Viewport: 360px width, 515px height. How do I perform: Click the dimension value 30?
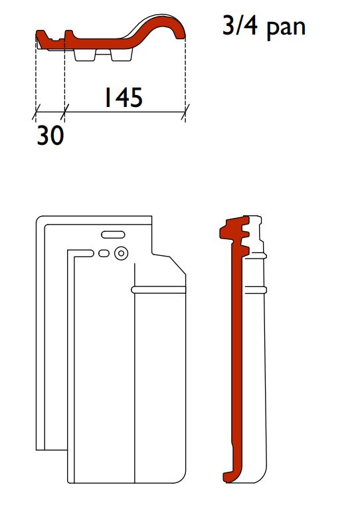[49, 136]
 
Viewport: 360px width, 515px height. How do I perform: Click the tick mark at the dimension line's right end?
[185, 114]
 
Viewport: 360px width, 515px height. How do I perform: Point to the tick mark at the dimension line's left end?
[35, 114]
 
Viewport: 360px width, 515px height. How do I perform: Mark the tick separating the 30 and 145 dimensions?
[64, 114]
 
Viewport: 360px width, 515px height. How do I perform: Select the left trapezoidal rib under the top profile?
[85, 55]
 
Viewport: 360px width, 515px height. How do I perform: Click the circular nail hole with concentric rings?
[120, 253]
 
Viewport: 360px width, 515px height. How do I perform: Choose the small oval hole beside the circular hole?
[103, 253]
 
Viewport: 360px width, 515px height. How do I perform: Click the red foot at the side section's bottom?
[232, 474]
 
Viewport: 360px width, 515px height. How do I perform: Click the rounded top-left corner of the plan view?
[39, 219]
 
